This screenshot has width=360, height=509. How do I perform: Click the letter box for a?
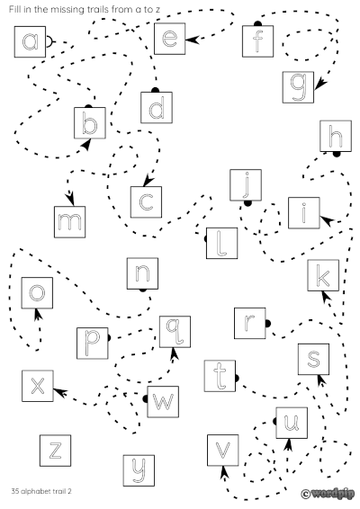point(31,40)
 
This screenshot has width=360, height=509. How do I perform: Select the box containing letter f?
point(258,40)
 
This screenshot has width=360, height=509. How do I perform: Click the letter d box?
point(156,108)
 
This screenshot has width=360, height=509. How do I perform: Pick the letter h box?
point(337,137)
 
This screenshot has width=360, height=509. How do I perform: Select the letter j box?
point(246,184)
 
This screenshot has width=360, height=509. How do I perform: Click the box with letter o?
point(37,292)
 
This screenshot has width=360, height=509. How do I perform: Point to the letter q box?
point(175,332)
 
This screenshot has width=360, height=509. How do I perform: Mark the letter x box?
point(37,385)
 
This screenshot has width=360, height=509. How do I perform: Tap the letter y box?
point(139,468)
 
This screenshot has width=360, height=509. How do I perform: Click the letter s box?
point(313,359)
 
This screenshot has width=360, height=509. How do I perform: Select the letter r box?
point(250,322)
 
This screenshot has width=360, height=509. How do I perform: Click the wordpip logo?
point(328,493)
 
